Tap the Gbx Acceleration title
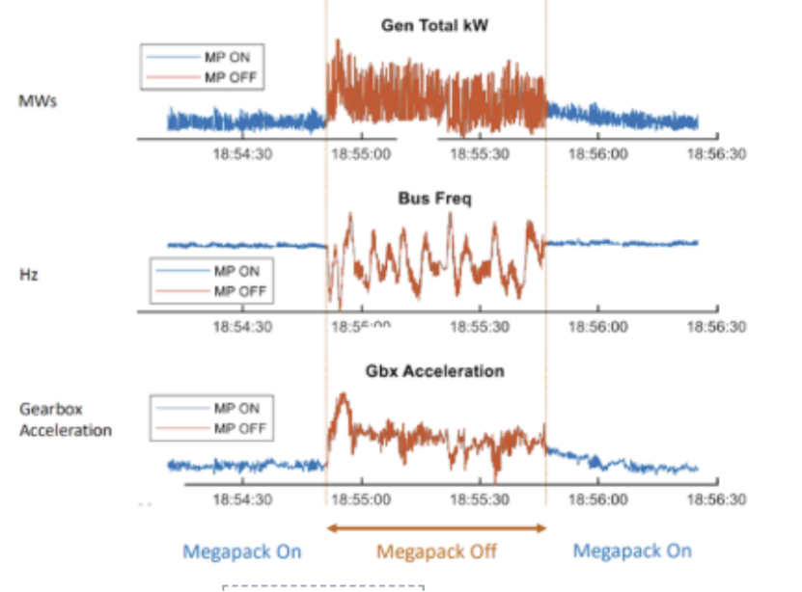[436, 371]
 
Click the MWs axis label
[38, 99]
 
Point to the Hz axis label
[28, 273]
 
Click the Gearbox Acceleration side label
[66, 419]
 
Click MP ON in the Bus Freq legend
[235, 272]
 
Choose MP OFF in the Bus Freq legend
[238, 290]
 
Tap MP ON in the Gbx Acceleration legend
[235, 409]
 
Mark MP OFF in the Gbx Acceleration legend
[238, 427]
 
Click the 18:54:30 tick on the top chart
[242, 154]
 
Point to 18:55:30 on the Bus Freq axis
[480, 327]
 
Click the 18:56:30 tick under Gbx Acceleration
[715, 499]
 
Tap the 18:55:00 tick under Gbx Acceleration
[361, 499]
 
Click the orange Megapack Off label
[436, 552]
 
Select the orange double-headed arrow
[436, 527]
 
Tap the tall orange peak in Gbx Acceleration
[340, 398]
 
